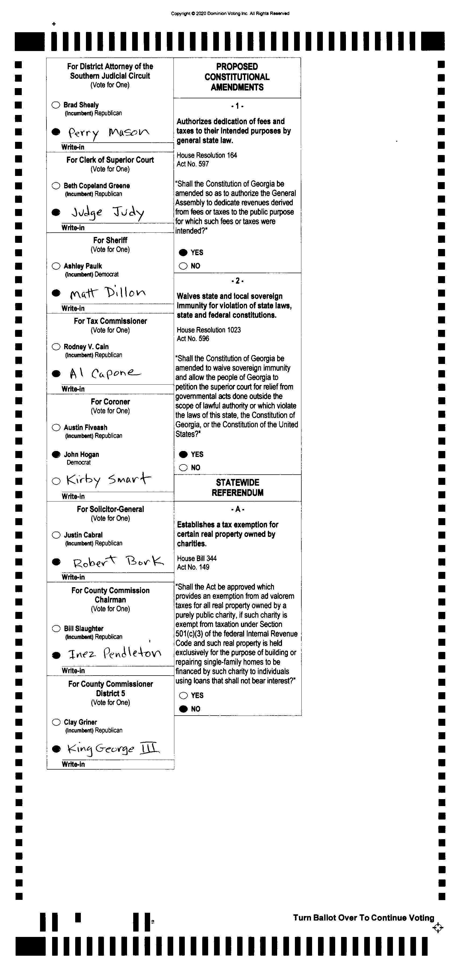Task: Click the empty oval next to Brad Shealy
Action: pyautogui.click(x=56, y=105)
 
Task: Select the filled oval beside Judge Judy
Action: pyautogui.click(x=56, y=212)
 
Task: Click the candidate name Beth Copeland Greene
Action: pyautogui.click(x=96, y=186)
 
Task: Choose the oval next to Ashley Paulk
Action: pyautogui.click(x=56, y=266)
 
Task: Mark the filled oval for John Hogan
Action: pyautogui.click(x=56, y=454)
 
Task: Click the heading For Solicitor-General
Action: pyautogui.click(x=110, y=509)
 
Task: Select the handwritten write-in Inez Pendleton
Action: pyautogui.click(x=114, y=654)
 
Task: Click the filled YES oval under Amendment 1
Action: pyautogui.click(x=183, y=253)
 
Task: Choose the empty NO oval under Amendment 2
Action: pyautogui.click(x=183, y=468)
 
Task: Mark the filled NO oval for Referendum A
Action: pyautogui.click(x=183, y=709)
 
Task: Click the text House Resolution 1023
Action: pyautogui.click(x=209, y=330)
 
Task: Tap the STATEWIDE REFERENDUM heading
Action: pyautogui.click(x=238, y=488)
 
